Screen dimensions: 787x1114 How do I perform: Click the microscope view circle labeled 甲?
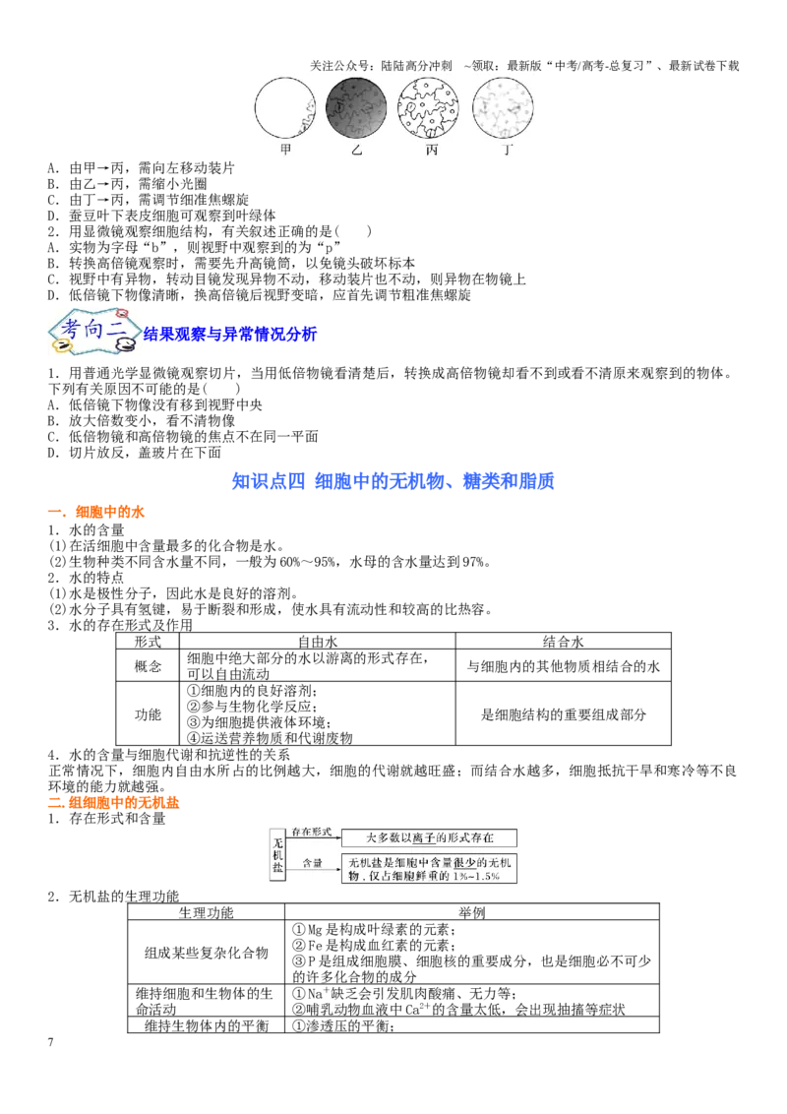pos(285,107)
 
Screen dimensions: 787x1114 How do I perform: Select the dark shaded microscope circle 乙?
pos(356,107)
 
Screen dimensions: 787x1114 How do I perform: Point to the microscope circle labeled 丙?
pos(428,107)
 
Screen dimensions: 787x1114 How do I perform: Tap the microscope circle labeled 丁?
pos(503,107)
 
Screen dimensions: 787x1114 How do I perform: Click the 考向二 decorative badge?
pos(92,331)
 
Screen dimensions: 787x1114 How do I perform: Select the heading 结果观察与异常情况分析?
pos(230,334)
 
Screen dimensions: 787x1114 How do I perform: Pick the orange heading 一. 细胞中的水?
pos(95,512)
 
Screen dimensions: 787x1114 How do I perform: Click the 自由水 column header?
pos(318,641)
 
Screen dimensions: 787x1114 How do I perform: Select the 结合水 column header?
pos(564,641)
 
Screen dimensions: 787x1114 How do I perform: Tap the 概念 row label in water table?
pos(148,665)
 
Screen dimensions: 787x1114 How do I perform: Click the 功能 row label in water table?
pos(148,714)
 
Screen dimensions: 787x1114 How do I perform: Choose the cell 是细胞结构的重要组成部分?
pos(564,714)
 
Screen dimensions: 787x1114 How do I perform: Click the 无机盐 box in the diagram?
pos(277,854)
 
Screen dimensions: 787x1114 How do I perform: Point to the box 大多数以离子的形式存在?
pos(429,837)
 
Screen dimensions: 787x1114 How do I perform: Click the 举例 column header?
pos(471,912)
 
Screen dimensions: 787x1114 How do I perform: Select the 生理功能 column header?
pos(206,912)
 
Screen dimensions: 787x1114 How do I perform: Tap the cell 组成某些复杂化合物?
pos(206,953)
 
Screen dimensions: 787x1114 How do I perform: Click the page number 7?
pos(50,1042)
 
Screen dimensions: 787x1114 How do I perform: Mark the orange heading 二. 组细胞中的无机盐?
pos(114,803)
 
